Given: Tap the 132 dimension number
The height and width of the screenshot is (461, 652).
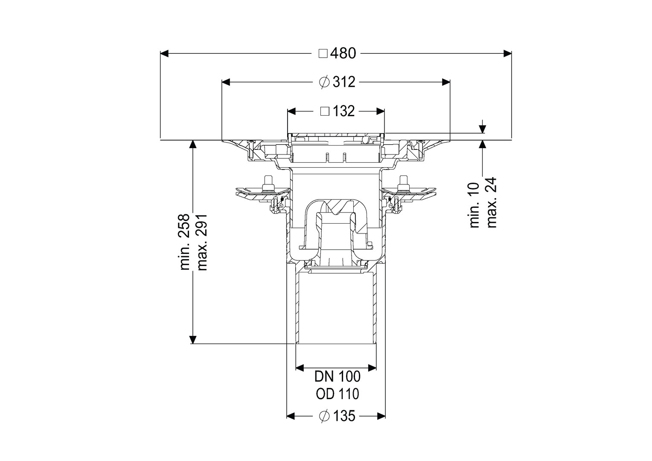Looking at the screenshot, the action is (x=344, y=111).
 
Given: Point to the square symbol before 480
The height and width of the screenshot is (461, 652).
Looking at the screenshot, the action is (x=323, y=54).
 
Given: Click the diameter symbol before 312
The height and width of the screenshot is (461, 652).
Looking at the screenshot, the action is (x=324, y=82).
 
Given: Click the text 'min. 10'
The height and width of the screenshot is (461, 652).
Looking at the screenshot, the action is (x=475, y=205).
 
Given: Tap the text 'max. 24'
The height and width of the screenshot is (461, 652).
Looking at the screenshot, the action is (x=491, y=202).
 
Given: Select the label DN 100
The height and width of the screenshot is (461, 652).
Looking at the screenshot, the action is (x=338, y=376).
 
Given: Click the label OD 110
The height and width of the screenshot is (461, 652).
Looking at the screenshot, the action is (x=338, y=394).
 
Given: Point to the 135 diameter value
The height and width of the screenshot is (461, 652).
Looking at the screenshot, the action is (x=344, y=416).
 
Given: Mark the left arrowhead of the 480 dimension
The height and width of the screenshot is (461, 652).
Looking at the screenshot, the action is (x=164, y=53).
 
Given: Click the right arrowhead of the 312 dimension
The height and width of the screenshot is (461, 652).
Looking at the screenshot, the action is (x=446, y=82).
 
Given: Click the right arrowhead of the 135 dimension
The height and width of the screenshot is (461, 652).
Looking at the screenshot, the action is (x=381, y=416).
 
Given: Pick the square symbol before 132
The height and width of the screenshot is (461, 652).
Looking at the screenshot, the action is (x=325, y=111).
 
